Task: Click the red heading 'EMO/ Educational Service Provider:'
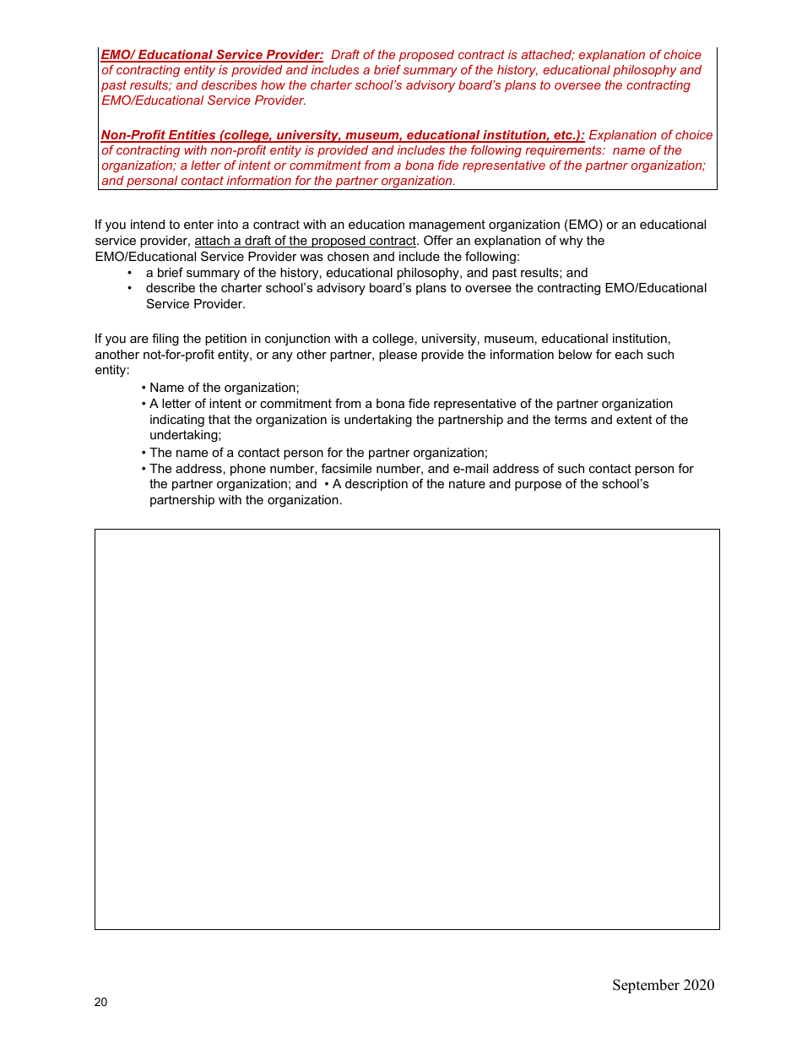212,55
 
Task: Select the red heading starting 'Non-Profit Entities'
343,135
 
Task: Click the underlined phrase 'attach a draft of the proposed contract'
306,241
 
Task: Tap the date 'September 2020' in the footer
663,985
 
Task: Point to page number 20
101,1003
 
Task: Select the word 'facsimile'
347,469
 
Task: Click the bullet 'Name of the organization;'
224,388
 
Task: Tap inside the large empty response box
407,729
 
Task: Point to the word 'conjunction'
295,339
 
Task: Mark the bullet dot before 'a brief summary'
130,273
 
